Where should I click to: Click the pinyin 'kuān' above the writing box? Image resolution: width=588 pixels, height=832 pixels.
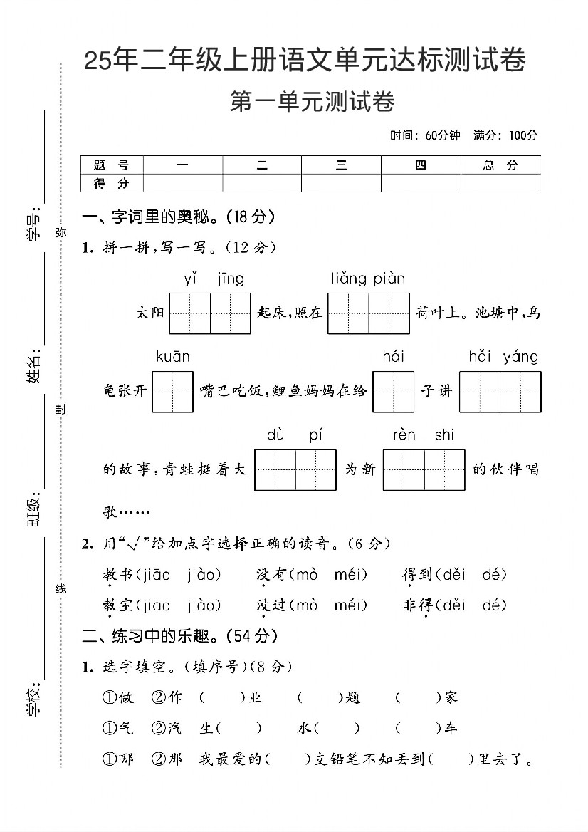click(x=173, y=357)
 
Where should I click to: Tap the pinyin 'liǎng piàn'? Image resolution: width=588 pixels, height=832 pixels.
click(x=367, y=279)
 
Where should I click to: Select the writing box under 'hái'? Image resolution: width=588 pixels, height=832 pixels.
click(x=393, y=391)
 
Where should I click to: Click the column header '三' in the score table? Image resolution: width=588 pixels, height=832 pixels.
click(x=341, y=165)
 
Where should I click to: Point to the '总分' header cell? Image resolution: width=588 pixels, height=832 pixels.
click(x=500, y=165)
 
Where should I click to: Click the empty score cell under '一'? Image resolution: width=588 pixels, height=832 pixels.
click(x=183, y=183)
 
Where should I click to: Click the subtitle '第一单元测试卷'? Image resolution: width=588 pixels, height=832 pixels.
click(x=313, y=103)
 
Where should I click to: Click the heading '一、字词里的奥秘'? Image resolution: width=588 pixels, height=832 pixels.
click(x=178, y=217)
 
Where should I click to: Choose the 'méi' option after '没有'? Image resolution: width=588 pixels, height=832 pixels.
click(x=350, y=575)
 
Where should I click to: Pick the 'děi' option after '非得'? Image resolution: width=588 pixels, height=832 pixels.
click(x=453, y=605)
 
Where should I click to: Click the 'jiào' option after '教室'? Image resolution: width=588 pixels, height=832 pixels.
click(x=205, y=605)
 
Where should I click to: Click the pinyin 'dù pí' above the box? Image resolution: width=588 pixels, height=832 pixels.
click(x=295, y=435)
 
